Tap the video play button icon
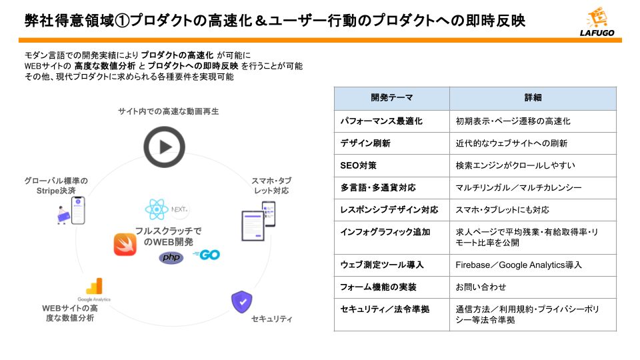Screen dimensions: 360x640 point(164,147)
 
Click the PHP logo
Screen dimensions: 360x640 point(171,257)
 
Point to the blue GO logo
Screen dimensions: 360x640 point(206,255)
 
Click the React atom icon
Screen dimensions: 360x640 point(156,210)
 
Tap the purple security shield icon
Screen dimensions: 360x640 point(241,302)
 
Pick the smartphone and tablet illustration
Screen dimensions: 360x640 point(258,220)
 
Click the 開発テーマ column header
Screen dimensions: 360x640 point(391,98)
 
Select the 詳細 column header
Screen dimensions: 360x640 point(533,98)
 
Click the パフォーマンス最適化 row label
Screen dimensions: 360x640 point(381,121)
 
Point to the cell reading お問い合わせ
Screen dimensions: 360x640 point(481,287)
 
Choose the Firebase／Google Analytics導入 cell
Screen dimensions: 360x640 point(519,265)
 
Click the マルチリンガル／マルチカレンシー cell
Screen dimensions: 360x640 point(519,187)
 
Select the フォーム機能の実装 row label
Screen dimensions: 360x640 point(378,287)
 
